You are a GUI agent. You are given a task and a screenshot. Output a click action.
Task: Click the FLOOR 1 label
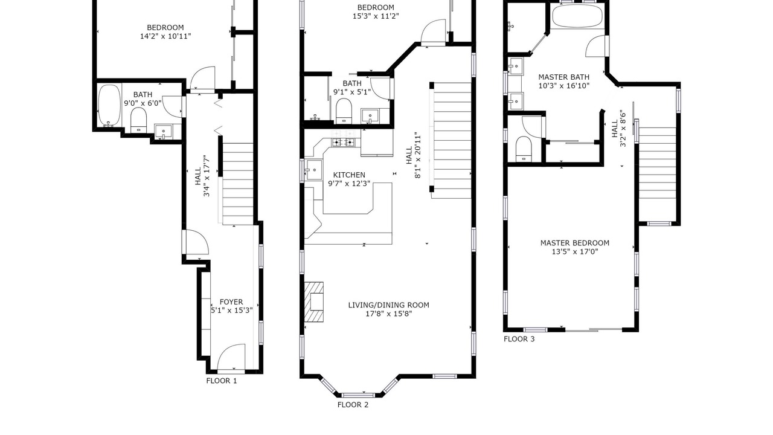[222, 381]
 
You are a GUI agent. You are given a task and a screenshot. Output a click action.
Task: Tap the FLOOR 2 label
[353, 405]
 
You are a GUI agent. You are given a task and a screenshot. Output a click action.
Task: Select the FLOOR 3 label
[519, 339]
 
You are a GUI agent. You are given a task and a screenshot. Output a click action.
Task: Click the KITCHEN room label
[349, 175]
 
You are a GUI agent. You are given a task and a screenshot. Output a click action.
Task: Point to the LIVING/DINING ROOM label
[388, 305]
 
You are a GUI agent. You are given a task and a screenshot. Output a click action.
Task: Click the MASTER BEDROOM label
[574, 243]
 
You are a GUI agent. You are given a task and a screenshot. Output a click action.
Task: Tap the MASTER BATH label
[564, 77]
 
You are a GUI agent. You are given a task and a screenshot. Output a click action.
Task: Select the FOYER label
[231, 301]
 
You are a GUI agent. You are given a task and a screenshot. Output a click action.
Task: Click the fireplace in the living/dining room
[314, 302]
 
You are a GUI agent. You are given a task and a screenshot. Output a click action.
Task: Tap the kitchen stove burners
[344, 141]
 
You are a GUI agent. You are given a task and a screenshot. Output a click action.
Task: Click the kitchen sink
[314, 170]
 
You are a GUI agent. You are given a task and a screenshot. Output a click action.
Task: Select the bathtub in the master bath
[577, 16]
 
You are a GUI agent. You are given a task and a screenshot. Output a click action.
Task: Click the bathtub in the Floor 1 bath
[109, 105]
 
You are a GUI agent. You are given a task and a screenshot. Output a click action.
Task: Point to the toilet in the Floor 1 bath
[139, 120]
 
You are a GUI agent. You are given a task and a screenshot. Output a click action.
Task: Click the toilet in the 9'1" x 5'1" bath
[344, 111]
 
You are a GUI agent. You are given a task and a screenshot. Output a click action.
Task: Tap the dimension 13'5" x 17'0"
[574, 252]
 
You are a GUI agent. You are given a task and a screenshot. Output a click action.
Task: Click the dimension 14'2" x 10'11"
[165, 36]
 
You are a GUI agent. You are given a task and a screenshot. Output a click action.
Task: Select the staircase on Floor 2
[451, 140]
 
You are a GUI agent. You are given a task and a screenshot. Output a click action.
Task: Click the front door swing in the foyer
[231, 356]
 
